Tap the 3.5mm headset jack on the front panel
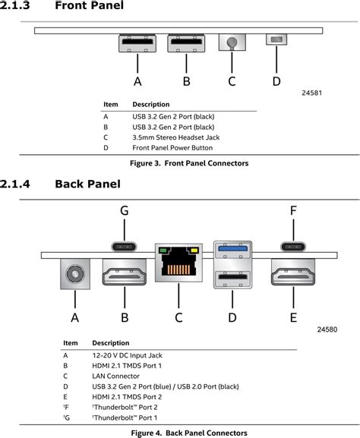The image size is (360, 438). pyautogui.click(x=232, y=42)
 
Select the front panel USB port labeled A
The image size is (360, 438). pyautogui.click(x=137, y=43)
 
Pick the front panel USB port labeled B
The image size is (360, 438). pyautogui.click(x=186, y=43)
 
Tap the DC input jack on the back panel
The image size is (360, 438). pyautogui.click(x=74, y=274)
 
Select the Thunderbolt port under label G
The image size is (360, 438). pyautogui.click(x=125, y=246)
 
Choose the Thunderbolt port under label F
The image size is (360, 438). pyautogui.click(x=293, y=246)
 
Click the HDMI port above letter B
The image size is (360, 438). pyautogui.click(x=124, y=274)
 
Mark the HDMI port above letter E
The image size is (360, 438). pyautogui.click(x=293, y=274)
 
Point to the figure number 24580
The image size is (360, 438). pyautogui.click(x=330, y=330)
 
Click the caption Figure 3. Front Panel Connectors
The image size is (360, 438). pyautogui.click(x=179, y=163)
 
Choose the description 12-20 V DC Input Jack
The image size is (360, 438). pyautogui.click(x=128, y=354)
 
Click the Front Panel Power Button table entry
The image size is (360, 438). pyautogui.click(x=171, y=148)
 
